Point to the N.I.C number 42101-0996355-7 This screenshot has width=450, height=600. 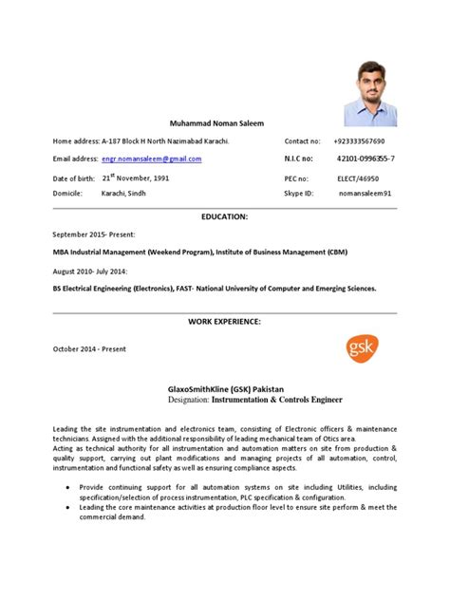click(366, 159)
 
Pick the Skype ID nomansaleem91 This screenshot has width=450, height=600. click(371, 193)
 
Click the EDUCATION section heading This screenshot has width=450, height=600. click(224, 216)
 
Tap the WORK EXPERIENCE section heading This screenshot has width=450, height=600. click(224, 323)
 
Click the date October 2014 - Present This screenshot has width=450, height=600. click(89, 348)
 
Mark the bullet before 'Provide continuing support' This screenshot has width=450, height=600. click(67, 485)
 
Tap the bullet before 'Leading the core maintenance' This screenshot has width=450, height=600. click(67, 508)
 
